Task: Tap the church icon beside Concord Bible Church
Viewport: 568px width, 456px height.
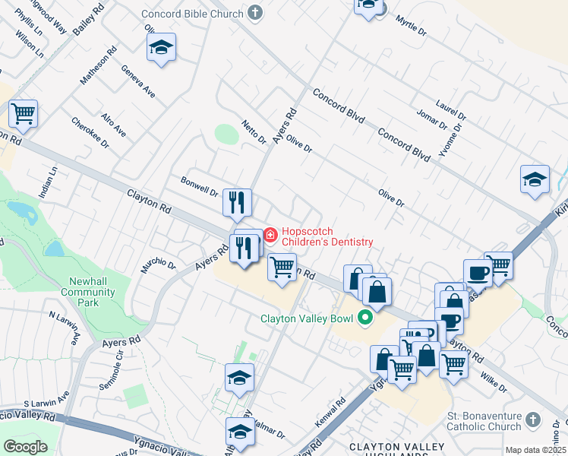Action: [x=256, y=13]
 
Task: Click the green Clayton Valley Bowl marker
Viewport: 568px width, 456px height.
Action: [x=364, y=318]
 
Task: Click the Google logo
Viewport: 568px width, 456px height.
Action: [x=25, y=447]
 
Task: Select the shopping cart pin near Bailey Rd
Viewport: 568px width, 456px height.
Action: [x=23, y=115]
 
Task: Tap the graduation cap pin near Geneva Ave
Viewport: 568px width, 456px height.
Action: [x=161, y=48]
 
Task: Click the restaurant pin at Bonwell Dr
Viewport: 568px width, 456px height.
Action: [x=237, y=202]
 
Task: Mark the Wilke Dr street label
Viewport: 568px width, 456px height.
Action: [x=493, y=382]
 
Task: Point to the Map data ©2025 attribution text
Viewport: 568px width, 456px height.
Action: [x=535, y=450]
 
